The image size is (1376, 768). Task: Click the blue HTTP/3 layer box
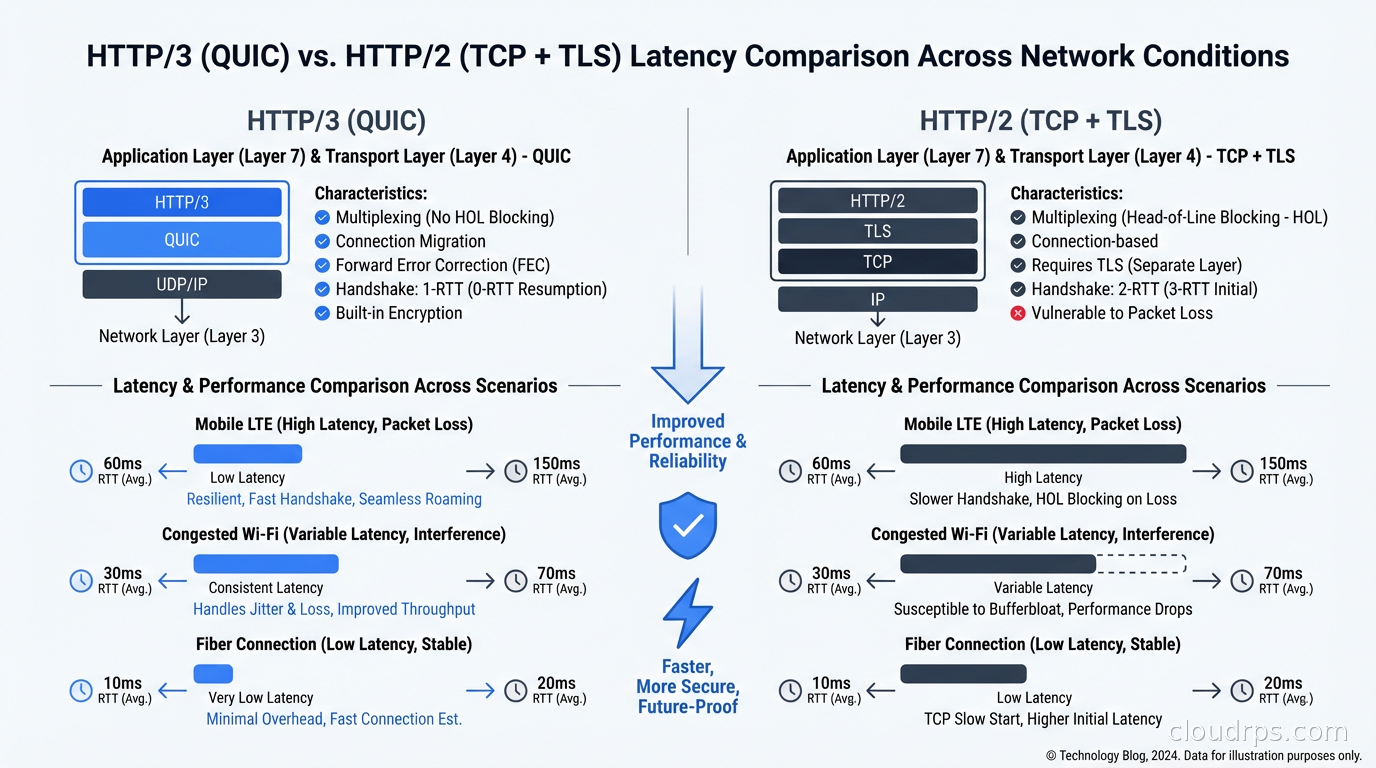click(181, 202)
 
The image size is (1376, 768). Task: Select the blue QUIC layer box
click(181, 240)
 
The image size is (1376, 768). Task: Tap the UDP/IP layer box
click(181, 284)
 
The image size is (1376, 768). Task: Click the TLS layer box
click(877, 231)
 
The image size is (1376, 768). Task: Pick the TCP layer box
click(877, 262)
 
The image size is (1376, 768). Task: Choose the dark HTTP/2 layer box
click(877, 200)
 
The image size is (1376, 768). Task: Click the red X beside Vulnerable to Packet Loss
click(1018, 313)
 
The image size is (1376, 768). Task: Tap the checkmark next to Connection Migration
click(322, 241)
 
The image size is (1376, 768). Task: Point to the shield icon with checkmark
click(687, 525)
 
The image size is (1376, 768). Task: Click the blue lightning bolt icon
click(687, 613)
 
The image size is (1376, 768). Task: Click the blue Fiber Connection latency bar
click(213, 674)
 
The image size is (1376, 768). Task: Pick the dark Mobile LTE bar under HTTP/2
click(1043, 454)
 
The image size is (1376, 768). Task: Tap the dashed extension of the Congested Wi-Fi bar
click(1141, 564)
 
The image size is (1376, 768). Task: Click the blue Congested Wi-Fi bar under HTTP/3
click(266, 564)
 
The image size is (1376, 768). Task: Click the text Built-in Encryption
click(398, 313)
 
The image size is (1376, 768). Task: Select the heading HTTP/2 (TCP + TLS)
click(1040, 121)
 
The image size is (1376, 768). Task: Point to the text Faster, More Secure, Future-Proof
click(687, 686)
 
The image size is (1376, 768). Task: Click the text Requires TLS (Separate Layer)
click(1136, 265)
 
